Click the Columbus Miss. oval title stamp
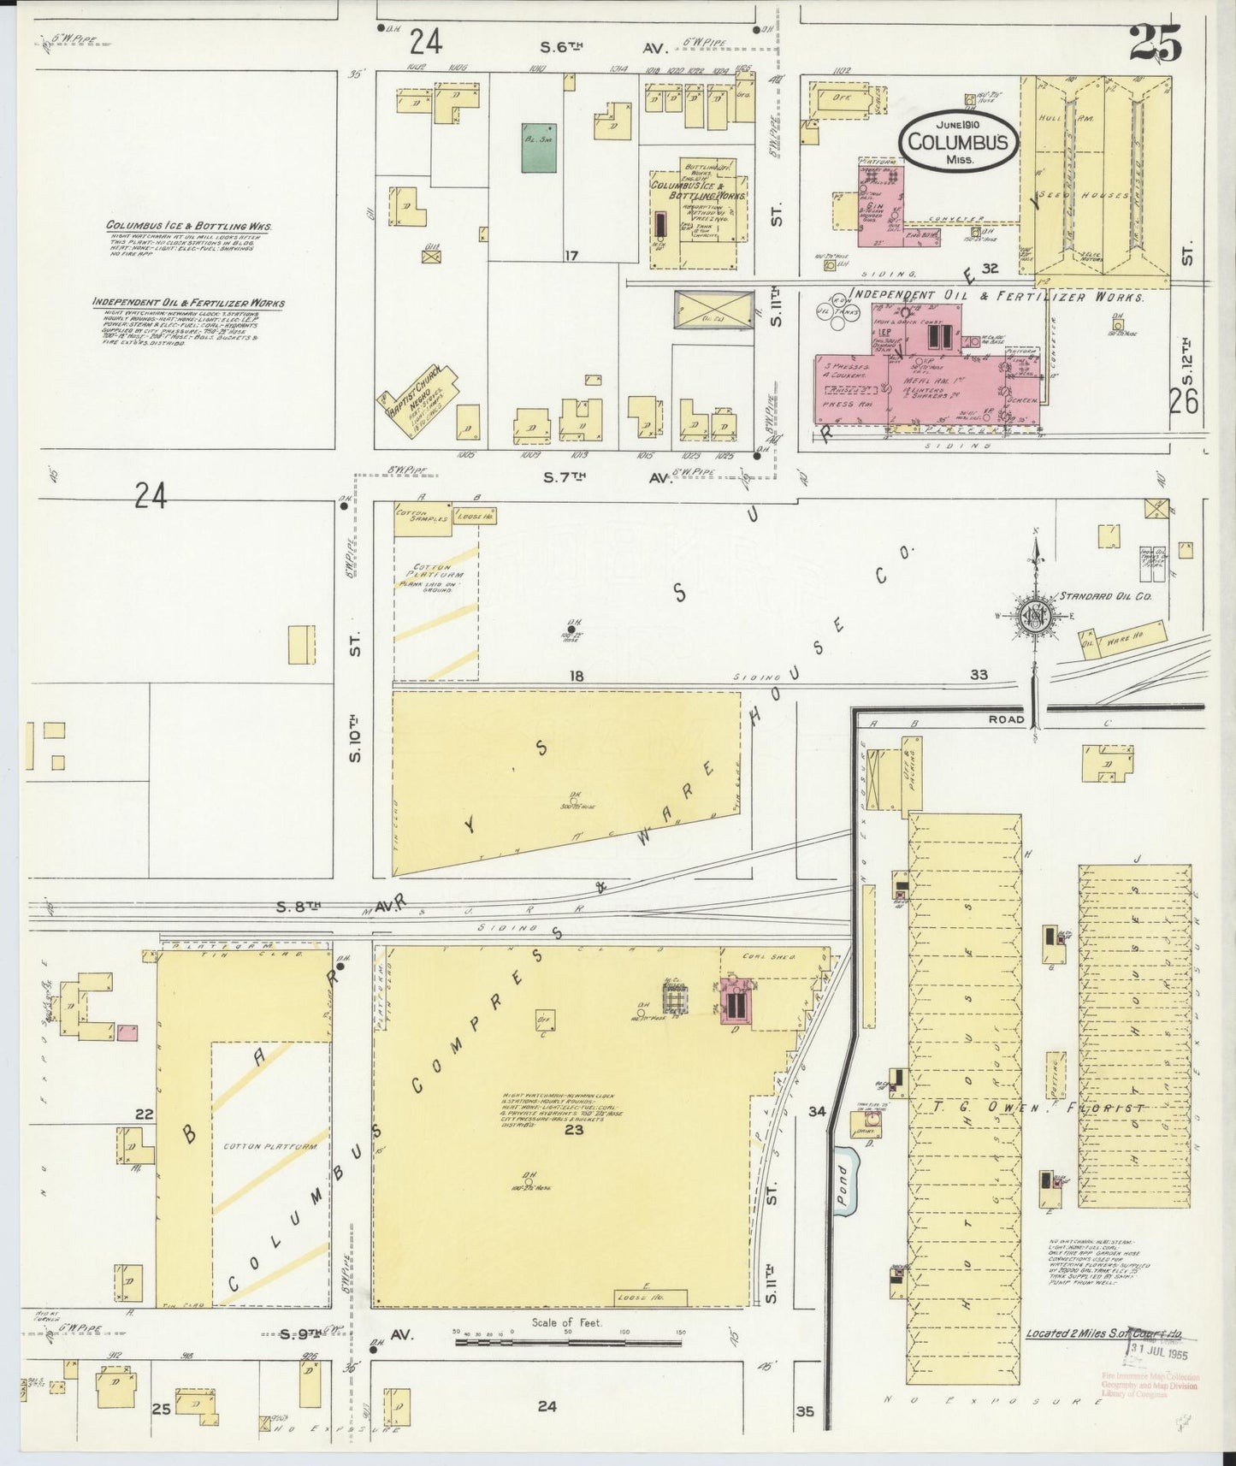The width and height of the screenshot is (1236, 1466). click(957, 141)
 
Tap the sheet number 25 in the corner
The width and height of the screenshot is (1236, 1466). click(1156, 43)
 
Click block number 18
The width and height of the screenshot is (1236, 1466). click(577, 677)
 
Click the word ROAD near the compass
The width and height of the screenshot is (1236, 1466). click(1006, 719)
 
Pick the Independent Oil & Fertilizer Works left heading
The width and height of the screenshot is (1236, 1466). click(189, 303)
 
